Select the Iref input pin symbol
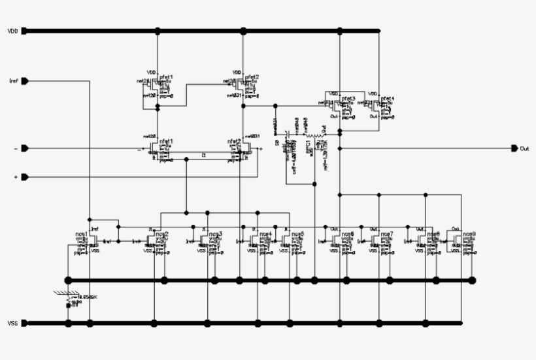coord(25,82)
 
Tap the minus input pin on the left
coord(25,149)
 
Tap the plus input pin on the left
coord(25,177)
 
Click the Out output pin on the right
coord(515,148)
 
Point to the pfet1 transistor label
coord(166,77)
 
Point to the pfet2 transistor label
coord(252,77)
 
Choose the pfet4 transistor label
coord(388,98)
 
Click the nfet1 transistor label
coord(166,140)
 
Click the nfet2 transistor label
coord(233,140)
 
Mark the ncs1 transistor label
coord(81,233)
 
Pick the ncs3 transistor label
coord(215,233)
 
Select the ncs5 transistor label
coord(297,233)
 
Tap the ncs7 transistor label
coord(387,233)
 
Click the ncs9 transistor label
coord(469,233)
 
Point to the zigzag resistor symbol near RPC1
coord(316,137)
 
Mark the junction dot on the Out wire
coord(340,148)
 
